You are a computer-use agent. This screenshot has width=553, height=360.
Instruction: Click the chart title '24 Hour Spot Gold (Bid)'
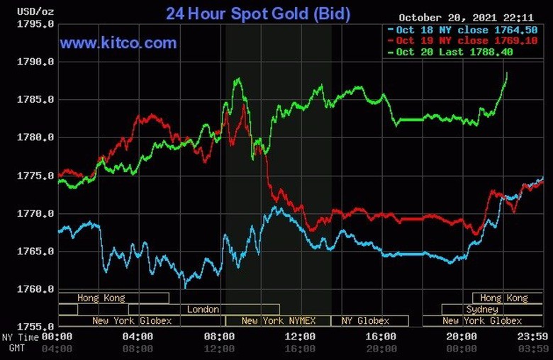257,13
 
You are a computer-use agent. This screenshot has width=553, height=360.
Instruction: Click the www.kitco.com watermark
118,43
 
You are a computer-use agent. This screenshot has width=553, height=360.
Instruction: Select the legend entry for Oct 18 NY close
464,29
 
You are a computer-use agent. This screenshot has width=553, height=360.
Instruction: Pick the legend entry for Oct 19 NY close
464,40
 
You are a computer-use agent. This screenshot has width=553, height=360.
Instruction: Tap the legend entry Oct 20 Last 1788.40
464,52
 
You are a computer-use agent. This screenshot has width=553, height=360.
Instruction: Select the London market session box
203,310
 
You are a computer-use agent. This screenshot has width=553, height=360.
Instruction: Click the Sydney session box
482,310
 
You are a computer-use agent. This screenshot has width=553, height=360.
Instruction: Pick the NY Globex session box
365,321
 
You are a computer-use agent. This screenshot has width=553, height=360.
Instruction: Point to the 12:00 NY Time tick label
300,337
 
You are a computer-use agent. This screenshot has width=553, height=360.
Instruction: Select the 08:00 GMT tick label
138,349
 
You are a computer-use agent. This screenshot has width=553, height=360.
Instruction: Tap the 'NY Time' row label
18,337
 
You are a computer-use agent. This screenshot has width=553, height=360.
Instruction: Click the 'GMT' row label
16,349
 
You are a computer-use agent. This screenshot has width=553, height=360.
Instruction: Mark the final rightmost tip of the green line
507,73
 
